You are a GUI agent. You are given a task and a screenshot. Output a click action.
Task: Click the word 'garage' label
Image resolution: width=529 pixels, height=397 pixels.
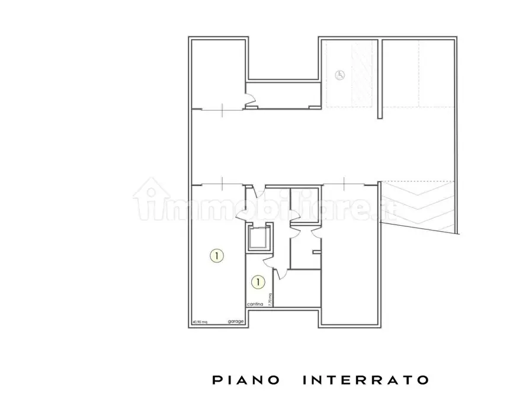point(236,322)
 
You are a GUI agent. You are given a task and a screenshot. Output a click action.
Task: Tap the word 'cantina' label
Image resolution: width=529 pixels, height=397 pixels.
point(255,304)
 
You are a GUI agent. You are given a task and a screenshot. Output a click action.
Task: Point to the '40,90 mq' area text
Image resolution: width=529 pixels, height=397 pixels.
point(200,322)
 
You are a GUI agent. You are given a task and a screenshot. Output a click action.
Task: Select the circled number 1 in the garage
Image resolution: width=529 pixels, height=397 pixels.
point(217,255)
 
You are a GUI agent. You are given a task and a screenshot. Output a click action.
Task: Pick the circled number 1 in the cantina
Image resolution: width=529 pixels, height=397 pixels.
point(258,282)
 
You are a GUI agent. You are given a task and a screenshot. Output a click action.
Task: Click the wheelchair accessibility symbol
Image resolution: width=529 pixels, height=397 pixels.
point(339,75)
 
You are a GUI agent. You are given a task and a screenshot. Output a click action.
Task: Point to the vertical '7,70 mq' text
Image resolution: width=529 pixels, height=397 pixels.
point(270,300)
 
